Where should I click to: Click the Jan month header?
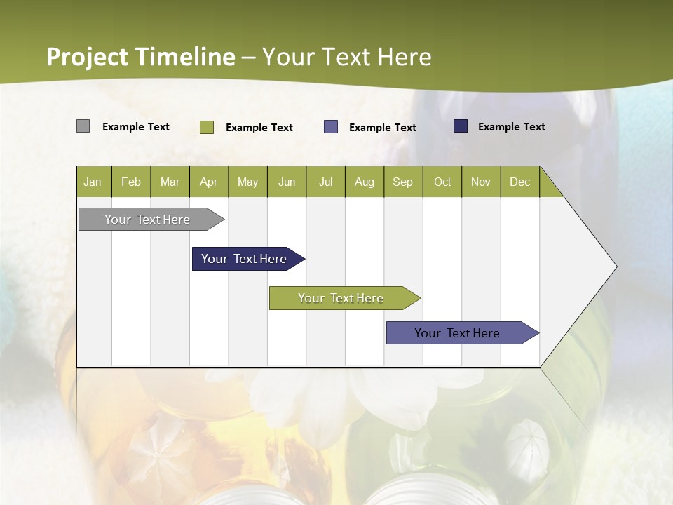click(93, 182)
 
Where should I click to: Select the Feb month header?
click(131, 182)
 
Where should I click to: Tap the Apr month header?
click(208, 182)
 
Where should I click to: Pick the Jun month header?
click(287, 182)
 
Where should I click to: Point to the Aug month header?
click(364, 182)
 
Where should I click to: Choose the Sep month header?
click(402, 182)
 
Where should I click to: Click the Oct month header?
click(442, 182)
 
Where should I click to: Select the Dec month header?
click(519, 182)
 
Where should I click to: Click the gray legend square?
click(83, 126)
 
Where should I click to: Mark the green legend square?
click(207, 127)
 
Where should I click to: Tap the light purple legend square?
click(331, 127)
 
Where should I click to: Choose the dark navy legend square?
click(460, 126)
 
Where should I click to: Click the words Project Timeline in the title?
click(140, 57)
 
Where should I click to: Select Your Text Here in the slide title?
click(346, 57)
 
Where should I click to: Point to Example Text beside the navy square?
click(511, 126)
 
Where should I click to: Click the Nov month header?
click(481, 182)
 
